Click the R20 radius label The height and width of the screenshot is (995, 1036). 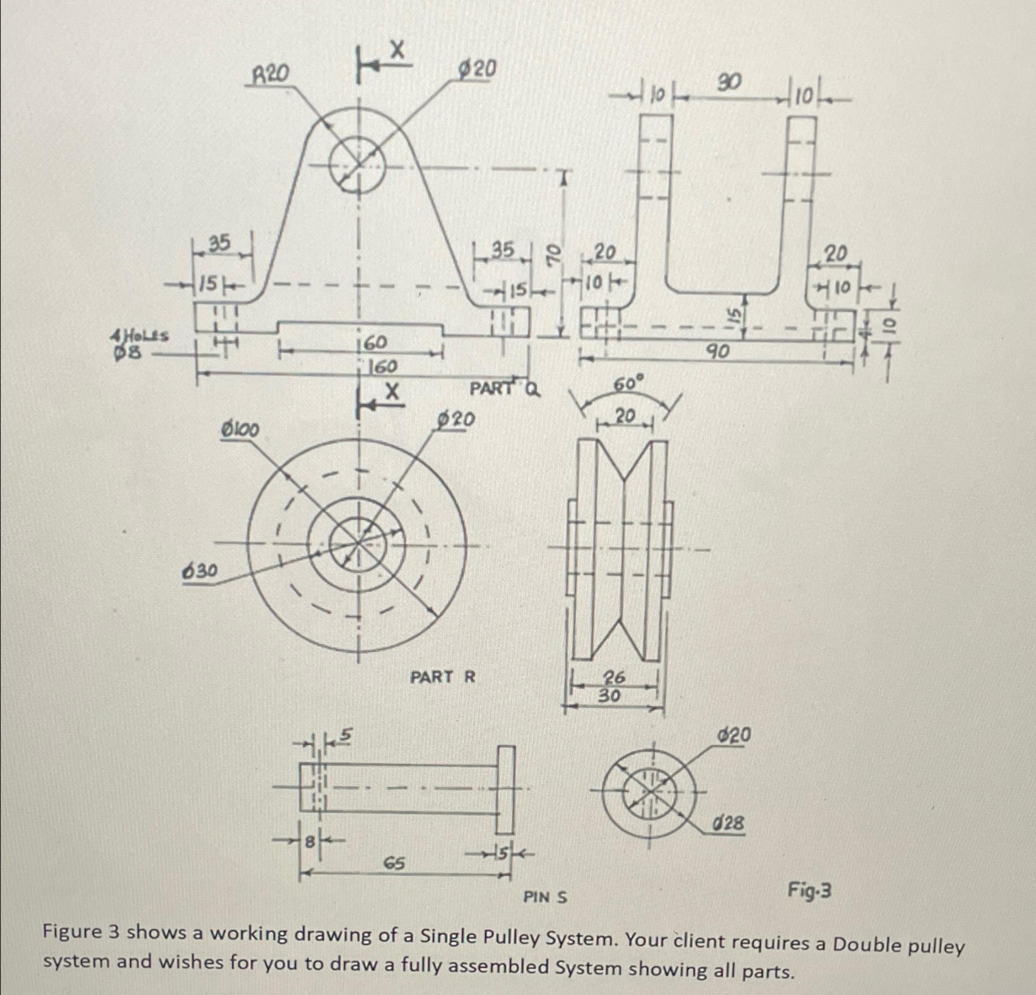[x=270, y=75]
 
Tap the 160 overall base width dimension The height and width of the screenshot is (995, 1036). [x=383, y=366]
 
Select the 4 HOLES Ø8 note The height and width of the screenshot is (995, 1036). [x=139, y=343]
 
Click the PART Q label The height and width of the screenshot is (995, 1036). [x=505, y=389]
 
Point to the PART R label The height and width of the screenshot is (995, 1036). [x=443, y=677]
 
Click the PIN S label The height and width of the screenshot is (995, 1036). [x=545, y=897]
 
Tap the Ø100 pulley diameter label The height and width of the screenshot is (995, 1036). [x=240, y=431]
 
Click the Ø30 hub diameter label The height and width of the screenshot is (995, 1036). [x=199, y=571]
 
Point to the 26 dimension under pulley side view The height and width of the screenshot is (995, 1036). [x=615, y=677]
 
